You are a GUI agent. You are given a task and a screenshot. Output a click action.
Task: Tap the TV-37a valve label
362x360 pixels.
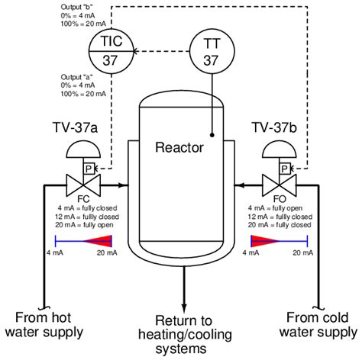(76, 127)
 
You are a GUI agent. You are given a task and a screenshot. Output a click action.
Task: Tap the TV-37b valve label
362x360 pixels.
(274, 127)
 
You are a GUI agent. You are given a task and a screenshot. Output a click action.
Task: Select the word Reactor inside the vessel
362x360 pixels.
(179, 147)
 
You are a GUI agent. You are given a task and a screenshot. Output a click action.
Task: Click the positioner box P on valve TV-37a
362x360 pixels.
(89, 169)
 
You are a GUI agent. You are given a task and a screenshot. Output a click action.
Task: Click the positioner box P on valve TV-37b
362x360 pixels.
(285, 169)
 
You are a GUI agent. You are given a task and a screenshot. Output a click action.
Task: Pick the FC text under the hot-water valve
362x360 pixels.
(83, 199)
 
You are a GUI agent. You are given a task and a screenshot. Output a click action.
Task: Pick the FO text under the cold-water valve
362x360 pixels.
(280, 199)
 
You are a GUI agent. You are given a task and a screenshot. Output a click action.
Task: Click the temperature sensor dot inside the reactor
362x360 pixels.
(212, 135)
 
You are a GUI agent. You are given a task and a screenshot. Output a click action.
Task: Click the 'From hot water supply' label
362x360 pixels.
(44, 325)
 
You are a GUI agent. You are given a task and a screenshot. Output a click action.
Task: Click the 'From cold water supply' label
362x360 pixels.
(318, 325)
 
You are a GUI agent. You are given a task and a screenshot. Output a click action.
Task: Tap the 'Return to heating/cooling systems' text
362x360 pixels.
(185, 335)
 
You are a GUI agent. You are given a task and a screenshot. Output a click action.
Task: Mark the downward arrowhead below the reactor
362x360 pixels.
(184, 308)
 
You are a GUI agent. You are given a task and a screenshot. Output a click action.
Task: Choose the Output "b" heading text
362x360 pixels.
(76, 8)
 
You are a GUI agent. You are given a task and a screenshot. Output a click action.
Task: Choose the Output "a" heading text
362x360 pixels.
(76, 77)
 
